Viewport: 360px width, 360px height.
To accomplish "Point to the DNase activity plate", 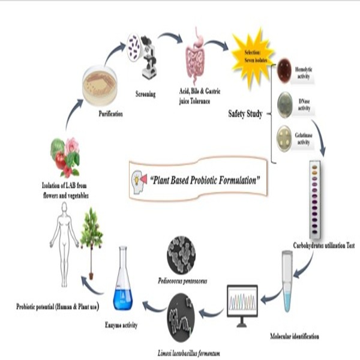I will pyautogui.click(x=284, y=103).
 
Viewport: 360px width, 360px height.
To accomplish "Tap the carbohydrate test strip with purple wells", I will pyautogui.click(x=314, y=198).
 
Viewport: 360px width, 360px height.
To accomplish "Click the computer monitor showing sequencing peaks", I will pyautogui.click(x=242, y=302).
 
